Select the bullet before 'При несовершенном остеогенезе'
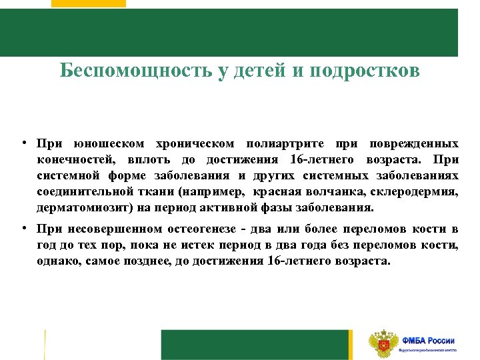[23, 229]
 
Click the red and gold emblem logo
[383, 344]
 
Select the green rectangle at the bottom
[256, 345]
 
